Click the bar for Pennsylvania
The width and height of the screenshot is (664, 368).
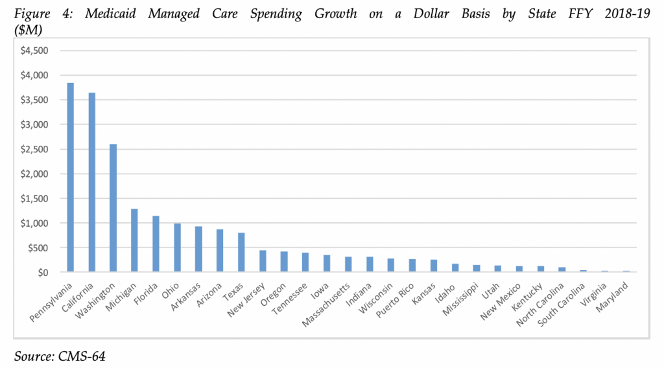click(70, 178)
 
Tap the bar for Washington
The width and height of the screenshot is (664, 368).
click(113, 208)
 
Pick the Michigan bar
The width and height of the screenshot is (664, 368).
click(134, 240)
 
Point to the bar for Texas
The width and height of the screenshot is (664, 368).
click(241, 253)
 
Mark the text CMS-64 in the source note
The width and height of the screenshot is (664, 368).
click(83, 355)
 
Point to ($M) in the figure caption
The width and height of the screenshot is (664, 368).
click(29, 29)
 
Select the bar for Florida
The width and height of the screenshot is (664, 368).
click(156, 244)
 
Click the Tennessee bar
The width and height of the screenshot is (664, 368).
click(305, 262)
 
